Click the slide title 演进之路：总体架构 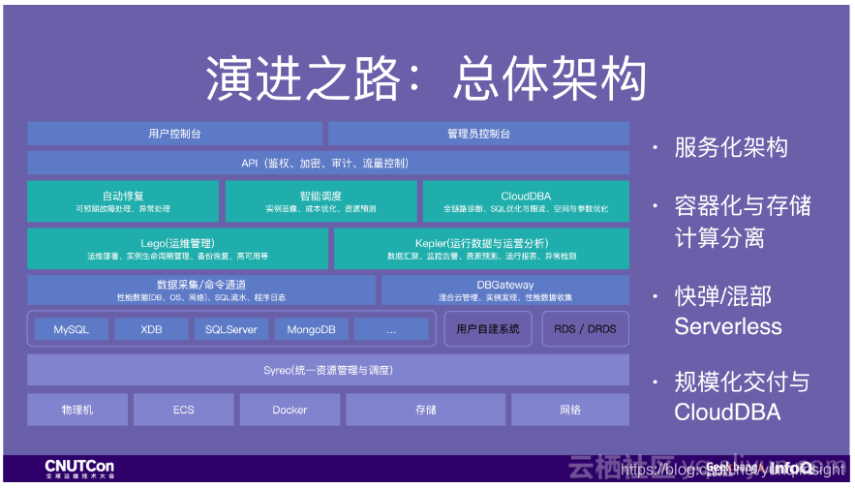tap(426, 79)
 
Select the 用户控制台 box tap(174, 134)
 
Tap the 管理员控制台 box tap(478, 134)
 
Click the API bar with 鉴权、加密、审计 tap(327, 163)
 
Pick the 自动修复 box tap(123, 200)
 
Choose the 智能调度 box tap(321, 200)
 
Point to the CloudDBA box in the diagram tap(526, 200)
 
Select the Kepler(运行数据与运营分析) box tap(481, 249)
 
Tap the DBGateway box tap(504, 290)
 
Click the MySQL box tap(72, 329)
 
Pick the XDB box tap(151, 329)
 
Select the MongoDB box tap(311, 329)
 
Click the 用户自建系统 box tap(488, 329)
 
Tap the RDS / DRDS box tap(585, 329)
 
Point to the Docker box tap(290, 410)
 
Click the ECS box tap(184, 410)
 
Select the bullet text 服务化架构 tap(731, 148)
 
